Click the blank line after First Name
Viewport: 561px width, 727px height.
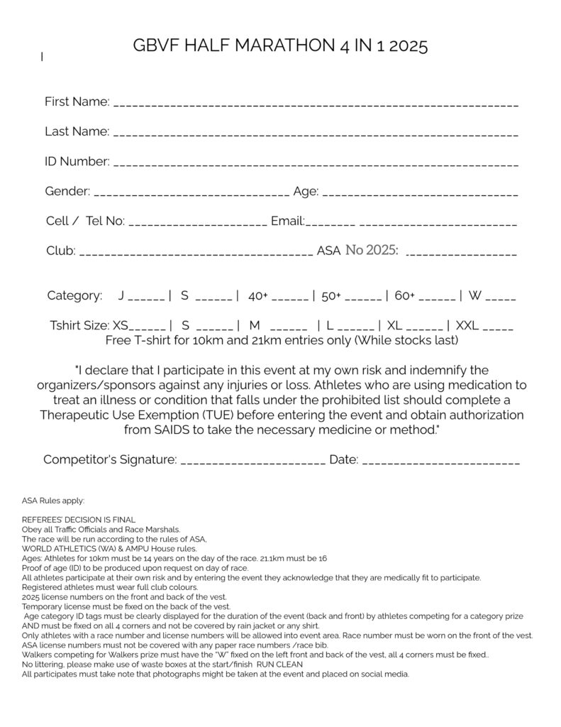point(316,104)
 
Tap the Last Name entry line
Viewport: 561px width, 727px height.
point(316,134)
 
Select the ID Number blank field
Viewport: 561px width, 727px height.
point(316,164)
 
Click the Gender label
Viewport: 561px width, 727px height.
point(67,191)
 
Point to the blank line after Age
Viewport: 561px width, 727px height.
point(420,194)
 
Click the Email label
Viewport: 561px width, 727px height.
point(287,221)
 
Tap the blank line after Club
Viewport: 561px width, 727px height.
point(195,253)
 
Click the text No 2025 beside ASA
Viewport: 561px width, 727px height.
point(371,250)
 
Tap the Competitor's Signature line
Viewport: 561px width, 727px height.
point(254,462)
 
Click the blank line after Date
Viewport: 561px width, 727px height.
point(440,462)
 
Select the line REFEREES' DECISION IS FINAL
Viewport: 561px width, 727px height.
point(79,520)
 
